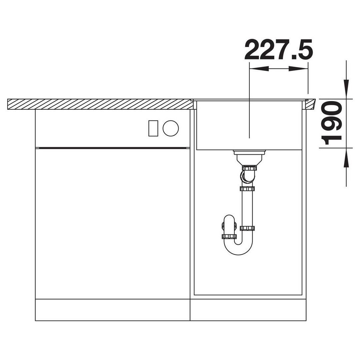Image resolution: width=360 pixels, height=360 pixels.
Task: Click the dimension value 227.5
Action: point(278,50)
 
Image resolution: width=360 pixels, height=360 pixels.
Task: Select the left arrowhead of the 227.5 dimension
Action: point(259,68)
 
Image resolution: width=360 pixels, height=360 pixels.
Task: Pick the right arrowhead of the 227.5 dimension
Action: point(298,68)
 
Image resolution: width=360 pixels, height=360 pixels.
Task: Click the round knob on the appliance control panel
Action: point(171,128)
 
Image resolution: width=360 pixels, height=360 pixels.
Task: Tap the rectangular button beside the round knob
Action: point(153,128)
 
